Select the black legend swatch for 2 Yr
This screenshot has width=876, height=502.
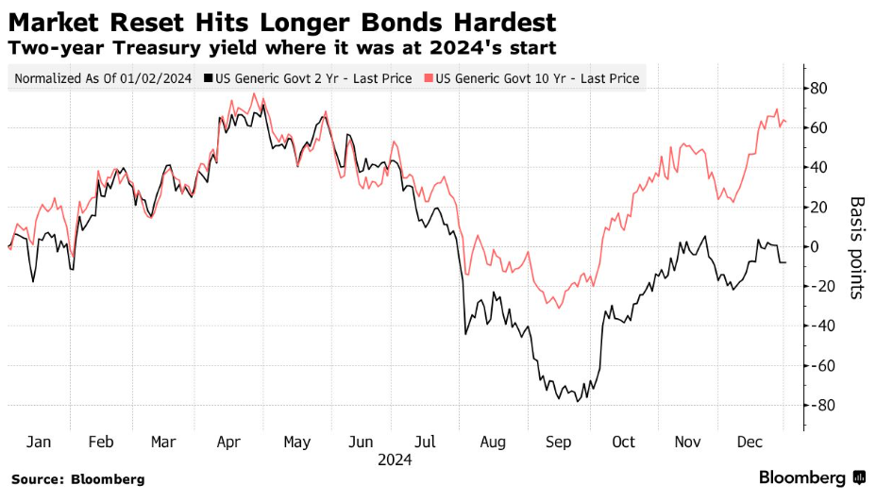(x=210, y=78)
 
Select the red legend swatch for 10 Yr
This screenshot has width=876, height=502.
(x=430, y=78)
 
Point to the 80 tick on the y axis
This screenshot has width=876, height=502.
(x=818, y=89)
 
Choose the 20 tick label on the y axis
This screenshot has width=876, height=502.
(x=818, y=208)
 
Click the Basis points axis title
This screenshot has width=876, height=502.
(x=857, y=247)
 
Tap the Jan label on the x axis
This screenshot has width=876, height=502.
(x=39, y=442)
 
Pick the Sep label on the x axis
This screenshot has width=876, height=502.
(x=558, y=442)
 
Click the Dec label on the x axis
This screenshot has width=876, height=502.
(x=750, y=442)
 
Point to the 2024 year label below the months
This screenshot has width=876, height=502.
(x=394, y=460)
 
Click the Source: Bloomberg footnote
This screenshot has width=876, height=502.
(x=78, y=479)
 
